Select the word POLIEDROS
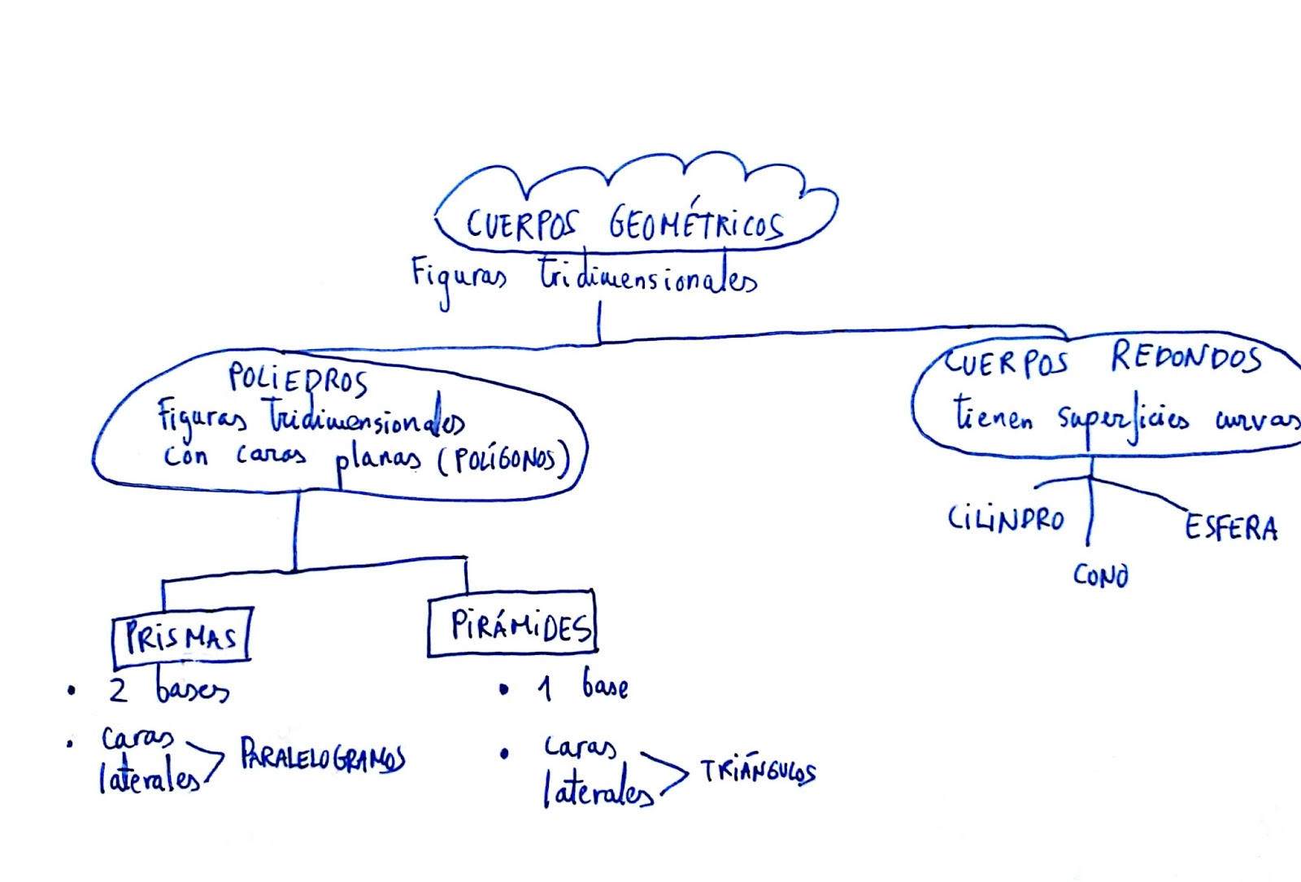[x=298, y=378]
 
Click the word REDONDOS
[x=1186, y=357]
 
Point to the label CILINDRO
[x=1006, y=518]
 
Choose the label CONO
[x=1100, y=575]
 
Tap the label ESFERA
[x=1230, y=527]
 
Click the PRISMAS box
[x=181, y=636]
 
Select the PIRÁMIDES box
[x=513, y=625]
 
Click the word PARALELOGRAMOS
[x=322, y=758]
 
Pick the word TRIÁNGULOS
[x=758, y=771]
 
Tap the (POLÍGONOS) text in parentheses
[x=504, y=461]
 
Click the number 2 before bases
[x=118, y=690]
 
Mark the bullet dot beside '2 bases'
[x=72, y=692]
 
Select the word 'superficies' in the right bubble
[x=1123, y=420]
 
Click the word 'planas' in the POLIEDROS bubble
[x=378, y=461]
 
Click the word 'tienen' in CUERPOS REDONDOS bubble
[x=993, y=415]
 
